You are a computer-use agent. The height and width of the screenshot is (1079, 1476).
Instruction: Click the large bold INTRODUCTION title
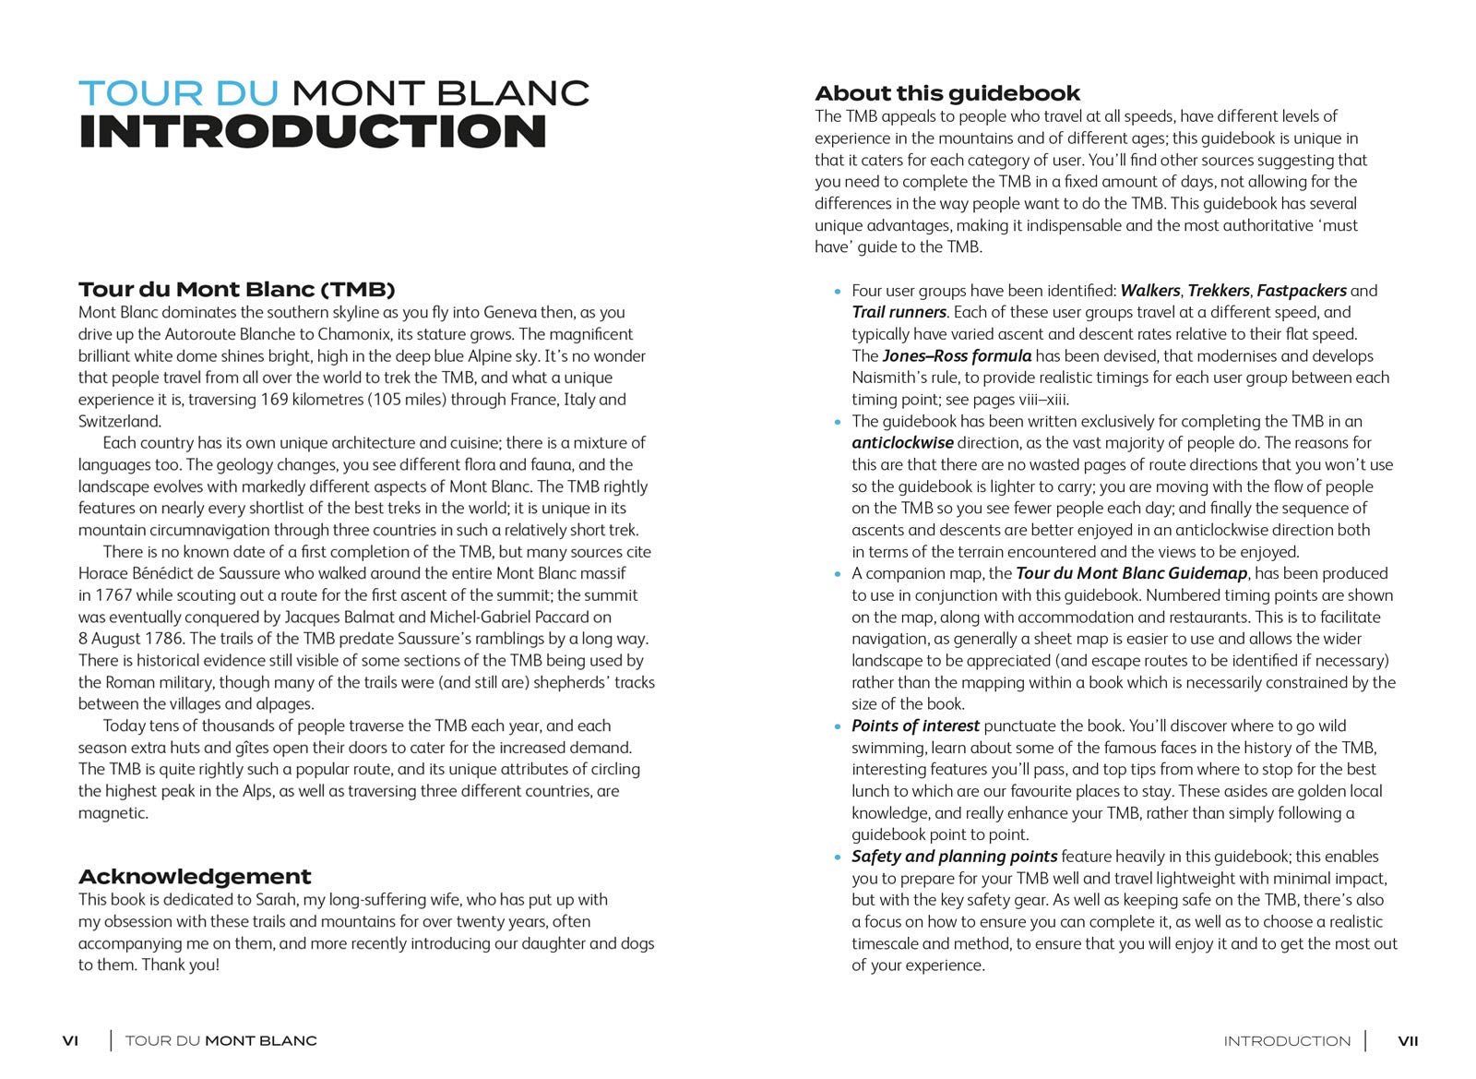313,132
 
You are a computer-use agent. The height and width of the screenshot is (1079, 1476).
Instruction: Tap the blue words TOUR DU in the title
179,93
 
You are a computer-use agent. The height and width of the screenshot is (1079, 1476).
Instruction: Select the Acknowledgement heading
195,876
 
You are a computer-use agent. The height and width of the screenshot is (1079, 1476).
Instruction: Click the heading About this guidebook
947,93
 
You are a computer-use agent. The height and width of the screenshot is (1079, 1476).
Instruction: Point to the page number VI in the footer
70,1041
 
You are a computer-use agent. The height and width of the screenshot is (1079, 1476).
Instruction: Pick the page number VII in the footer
1408,1041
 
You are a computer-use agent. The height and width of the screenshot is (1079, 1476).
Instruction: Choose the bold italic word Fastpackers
1301,291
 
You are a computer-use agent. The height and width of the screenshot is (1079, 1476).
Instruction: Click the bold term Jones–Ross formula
957,356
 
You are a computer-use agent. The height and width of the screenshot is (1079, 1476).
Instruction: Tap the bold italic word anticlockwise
902,443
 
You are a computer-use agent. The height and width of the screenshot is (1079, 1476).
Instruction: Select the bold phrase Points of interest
915,725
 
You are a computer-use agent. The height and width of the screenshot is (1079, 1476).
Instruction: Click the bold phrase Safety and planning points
954,857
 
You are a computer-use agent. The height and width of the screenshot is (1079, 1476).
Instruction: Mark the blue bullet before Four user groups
838,292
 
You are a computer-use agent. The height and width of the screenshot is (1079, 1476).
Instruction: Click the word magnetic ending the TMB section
113,813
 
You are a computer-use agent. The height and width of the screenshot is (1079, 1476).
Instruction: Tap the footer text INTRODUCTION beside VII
1287,1041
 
